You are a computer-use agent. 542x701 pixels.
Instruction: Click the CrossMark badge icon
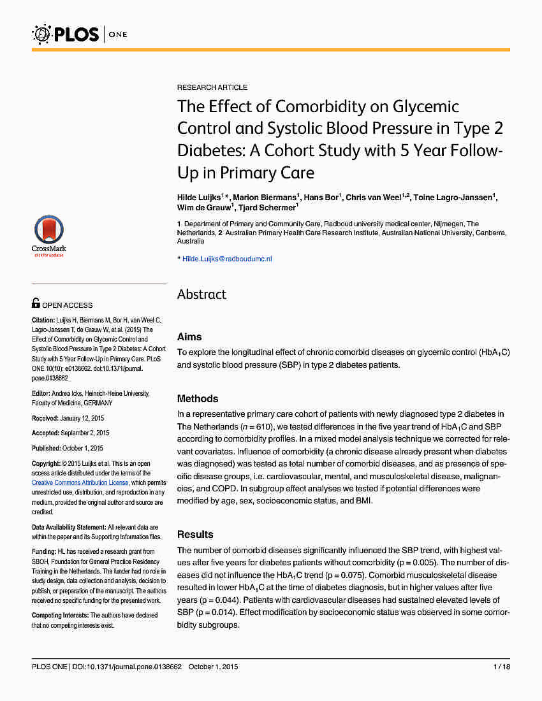click(x=48, y=233)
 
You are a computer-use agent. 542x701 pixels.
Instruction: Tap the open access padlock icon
click(x=36, y=304)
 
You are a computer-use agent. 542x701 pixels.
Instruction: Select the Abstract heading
click(x=201, y=294)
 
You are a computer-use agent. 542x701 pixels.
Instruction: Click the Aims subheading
click(x=189, y=336)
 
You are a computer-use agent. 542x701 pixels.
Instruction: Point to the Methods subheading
click(x=198, y=398)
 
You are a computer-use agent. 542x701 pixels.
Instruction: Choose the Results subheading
click(x=195, y=534)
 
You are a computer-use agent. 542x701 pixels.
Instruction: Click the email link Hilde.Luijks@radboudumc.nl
click(x=227, y=259)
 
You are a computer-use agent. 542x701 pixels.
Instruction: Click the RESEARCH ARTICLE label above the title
click(x=212, y=87)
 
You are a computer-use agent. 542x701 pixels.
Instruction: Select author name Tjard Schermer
click(x=268, y=207)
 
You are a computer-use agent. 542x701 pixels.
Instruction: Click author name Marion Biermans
click(x=267, y=197)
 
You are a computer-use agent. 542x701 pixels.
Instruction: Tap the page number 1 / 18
click(x=501, y=667)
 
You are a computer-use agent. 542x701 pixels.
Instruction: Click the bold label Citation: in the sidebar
click(x=43, y=320)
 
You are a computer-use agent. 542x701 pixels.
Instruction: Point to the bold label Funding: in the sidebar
click(x=43, y=551)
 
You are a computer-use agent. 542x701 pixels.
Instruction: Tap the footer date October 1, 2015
click(x=213, y=667)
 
